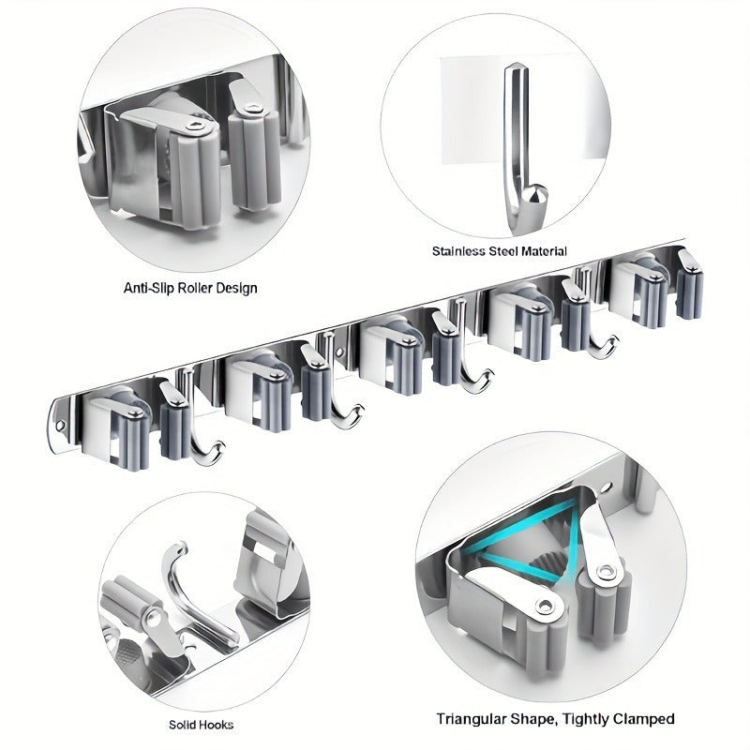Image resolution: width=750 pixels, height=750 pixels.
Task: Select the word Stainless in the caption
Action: [x=458, y=251]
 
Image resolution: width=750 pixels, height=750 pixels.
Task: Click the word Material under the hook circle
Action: [x=544, y=251]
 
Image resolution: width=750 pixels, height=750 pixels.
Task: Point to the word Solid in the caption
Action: [x=180, y=725]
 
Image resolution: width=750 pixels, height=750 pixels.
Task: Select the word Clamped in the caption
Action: [x=644, y=719]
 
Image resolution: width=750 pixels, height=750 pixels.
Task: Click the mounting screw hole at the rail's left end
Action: [x=60, y=426]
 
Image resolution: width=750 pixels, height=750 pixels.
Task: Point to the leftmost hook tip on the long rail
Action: [x=219, y=446]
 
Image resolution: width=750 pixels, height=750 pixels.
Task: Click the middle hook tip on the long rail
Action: [x=487, y=374]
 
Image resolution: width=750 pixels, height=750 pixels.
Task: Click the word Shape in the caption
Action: [x=532, y=720]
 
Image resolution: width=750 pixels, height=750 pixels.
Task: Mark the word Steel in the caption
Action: [x=502, y=251]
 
